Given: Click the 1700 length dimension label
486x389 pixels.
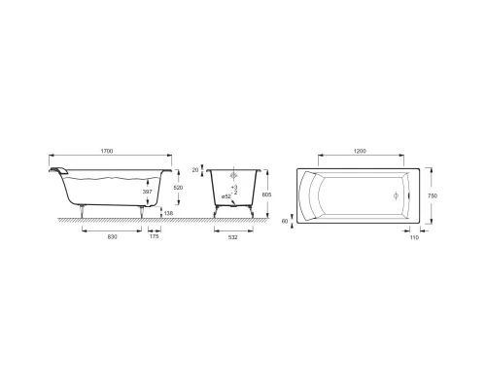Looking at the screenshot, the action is tap(107, 152).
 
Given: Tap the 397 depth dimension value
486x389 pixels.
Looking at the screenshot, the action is tap(147, 192).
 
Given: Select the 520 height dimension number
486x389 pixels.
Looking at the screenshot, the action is tap(179, 188).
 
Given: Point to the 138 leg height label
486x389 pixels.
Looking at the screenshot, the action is tap(168, 213).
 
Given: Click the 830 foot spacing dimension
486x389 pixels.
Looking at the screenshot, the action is tap(112, 237).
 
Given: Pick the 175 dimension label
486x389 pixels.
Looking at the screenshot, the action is tap(155, 236).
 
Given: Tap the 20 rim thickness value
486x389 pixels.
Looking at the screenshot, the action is tap(195, 169).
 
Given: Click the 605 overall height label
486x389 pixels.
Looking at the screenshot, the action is tap(267, 194).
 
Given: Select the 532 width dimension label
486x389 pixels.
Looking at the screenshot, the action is tap(233, 237).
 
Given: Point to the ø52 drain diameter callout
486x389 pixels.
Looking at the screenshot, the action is tap(226, 196).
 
